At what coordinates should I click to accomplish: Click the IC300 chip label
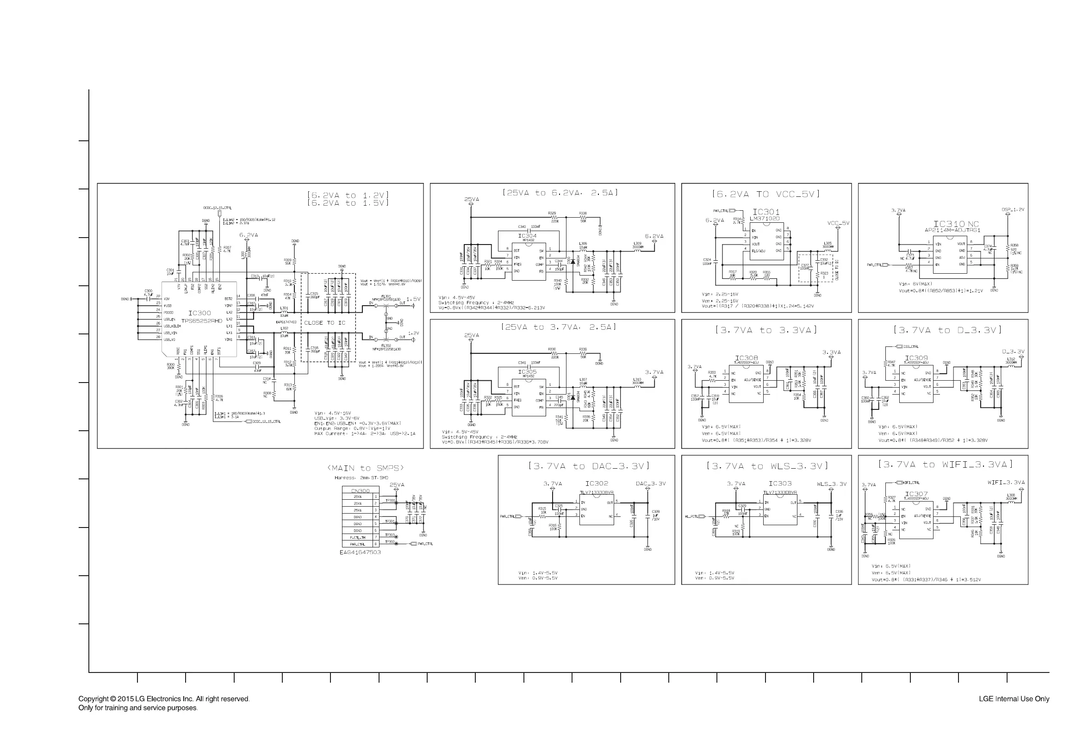pos(199,313)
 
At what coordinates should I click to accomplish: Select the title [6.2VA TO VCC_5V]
pos(765,194)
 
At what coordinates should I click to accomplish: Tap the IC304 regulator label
pos(528,236)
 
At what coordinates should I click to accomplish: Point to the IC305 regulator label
pos(528,372)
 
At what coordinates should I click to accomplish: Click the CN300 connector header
pos(360,491)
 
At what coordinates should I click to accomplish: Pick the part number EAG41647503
pos(360,552)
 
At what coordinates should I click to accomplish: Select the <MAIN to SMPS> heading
pos(365,468)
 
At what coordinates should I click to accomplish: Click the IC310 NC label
pos(956,224)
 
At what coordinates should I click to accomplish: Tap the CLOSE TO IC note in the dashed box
pos(324,323)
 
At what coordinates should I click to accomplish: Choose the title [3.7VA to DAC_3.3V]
pos(589,466)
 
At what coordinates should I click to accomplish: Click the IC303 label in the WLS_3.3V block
pos(780,483)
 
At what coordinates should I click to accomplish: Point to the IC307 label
pos(916,494)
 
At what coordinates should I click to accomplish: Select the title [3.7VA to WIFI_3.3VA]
pos(945,465)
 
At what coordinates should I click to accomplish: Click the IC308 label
pos(746,358)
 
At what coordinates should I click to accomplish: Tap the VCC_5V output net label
pos(838,223)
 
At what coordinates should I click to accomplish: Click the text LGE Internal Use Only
pos(1014,699)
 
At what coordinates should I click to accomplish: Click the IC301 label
pos(766,212)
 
